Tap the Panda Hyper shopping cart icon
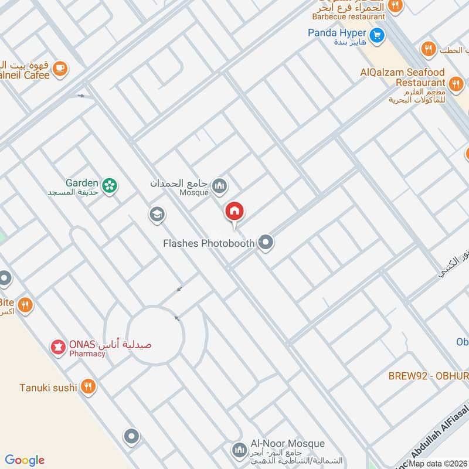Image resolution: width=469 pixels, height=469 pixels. point(378,35)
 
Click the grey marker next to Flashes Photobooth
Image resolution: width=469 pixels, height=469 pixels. point(266,242)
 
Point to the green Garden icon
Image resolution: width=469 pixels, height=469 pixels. point(109,186)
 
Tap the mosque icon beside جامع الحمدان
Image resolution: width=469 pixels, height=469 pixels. point(219,186)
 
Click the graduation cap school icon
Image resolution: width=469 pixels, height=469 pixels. point(157,215)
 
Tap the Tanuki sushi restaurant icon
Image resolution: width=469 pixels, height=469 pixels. point(88,386)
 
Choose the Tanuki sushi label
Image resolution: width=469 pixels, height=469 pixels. point(48,387)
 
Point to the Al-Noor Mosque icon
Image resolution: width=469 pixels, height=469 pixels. point(239,450)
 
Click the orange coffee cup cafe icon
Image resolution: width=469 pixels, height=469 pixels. point(60,69)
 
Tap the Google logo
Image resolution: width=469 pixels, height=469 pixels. point(25,460)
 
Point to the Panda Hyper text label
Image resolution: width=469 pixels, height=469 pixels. point(337,33)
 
